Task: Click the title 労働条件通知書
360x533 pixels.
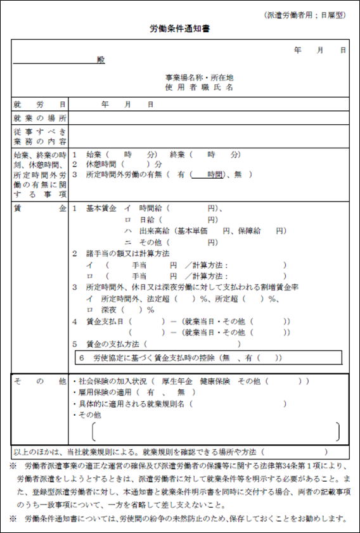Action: pos(180,29)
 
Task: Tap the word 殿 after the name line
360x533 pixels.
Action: pos(101,60)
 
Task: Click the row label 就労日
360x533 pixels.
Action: pos(39,104)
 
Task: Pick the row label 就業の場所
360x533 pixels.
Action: pos(39,117)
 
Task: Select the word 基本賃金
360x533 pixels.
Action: pos(102,208)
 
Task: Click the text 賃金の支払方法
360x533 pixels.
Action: pos(113,344)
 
